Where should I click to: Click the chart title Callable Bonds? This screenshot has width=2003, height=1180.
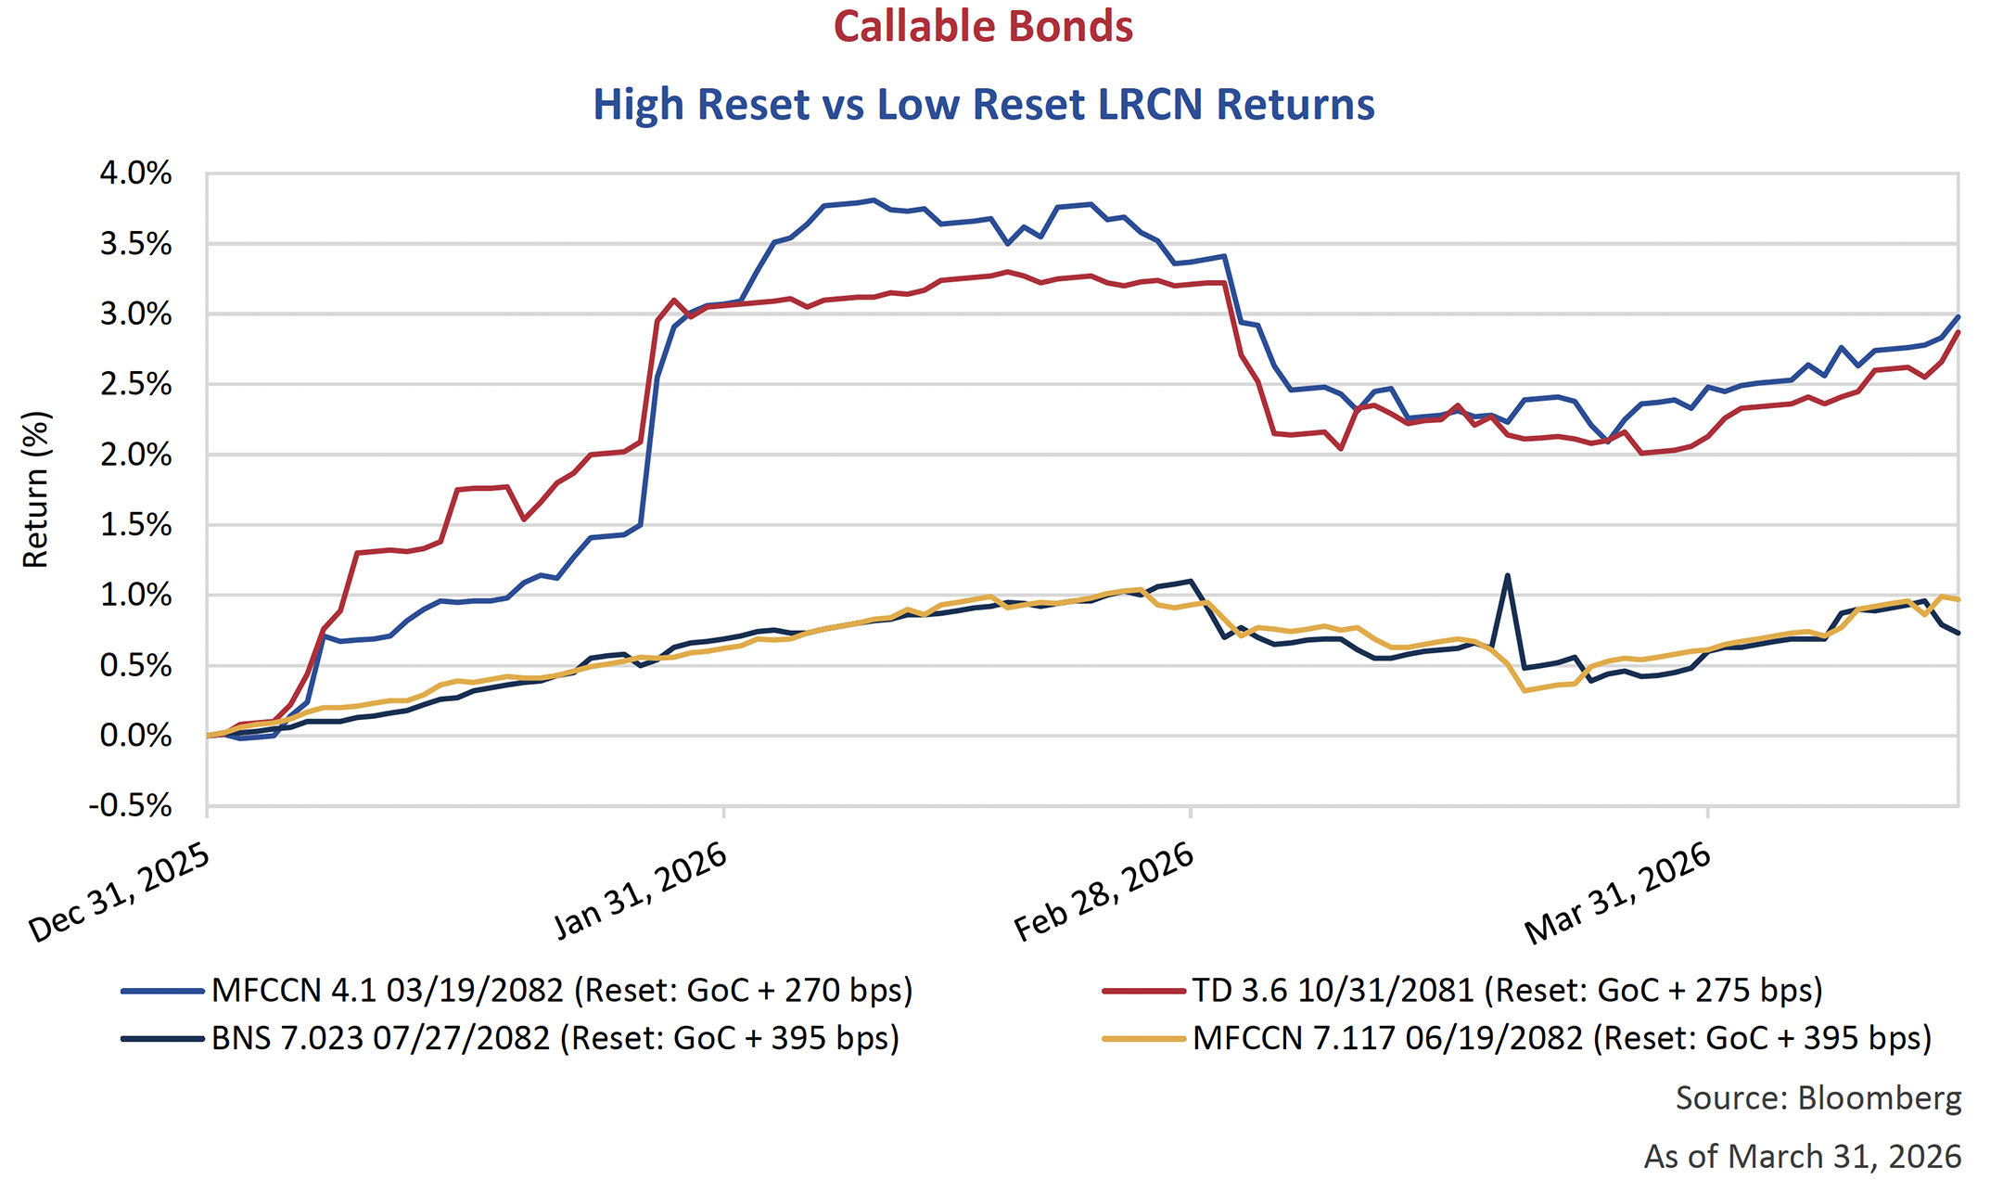tap(983, 26)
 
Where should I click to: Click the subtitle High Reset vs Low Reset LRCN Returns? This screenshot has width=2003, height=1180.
tap(983, 104)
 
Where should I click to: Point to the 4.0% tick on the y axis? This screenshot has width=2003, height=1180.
tap(135, 173)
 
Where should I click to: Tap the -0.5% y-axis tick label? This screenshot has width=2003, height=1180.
tap(130, 805)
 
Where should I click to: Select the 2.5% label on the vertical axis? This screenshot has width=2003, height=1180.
tap(135, 384)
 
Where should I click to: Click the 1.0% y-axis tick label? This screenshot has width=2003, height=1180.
tap(135, 595)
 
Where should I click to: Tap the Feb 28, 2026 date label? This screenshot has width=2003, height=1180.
tap(1104, 892)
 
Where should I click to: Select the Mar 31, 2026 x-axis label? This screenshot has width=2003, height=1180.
tap(1618, 892)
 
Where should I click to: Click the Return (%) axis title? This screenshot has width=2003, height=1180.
tap(35, 489)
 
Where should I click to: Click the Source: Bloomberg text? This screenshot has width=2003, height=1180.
tap(1818, 1097)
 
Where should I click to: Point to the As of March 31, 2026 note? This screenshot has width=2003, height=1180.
tap(1802, 1156)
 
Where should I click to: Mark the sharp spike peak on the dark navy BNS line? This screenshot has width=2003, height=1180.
tap(1507, 575)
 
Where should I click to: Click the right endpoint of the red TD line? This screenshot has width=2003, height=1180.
tap(1958, 332)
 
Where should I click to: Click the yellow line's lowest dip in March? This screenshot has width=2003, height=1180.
tap(1524, 690)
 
